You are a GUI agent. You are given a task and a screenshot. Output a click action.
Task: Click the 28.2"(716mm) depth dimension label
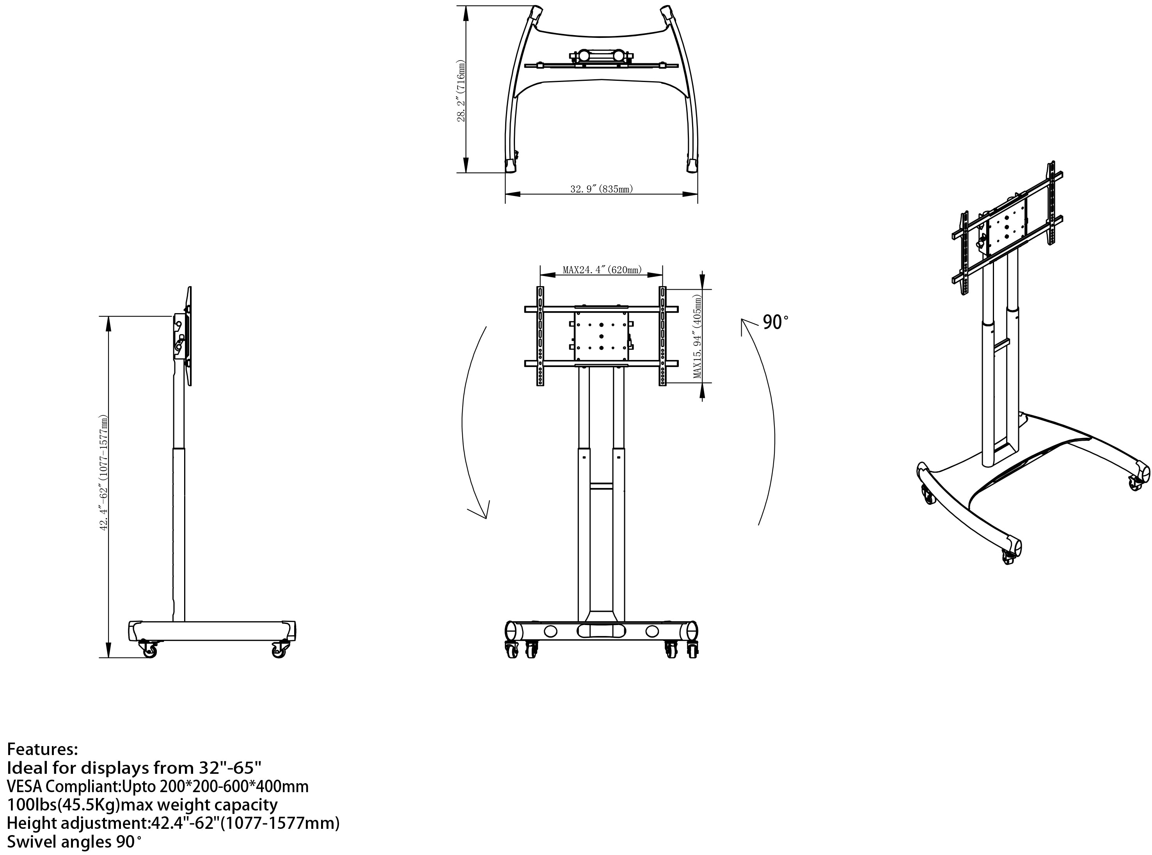461,91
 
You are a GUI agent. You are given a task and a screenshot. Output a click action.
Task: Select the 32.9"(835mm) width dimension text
601,189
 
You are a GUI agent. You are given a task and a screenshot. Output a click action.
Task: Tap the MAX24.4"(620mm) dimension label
602,270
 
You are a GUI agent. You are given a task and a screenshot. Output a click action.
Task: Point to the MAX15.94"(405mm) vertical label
698,337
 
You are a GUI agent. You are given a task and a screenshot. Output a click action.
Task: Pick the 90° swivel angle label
776,322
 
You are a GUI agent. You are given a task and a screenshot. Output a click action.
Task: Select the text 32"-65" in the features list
231,767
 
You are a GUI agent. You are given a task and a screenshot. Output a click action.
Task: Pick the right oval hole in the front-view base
652,631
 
